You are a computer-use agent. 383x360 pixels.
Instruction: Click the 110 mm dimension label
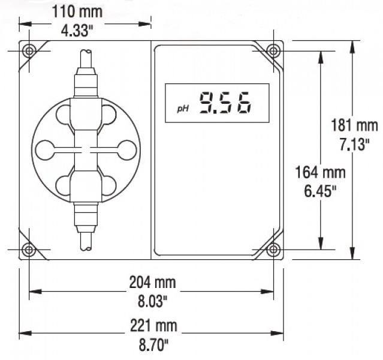(77, 12)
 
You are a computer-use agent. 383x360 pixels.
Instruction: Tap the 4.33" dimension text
(77, 31)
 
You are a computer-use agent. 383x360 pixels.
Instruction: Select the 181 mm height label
(354, 125)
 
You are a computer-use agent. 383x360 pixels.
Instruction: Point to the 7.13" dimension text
(354, 144)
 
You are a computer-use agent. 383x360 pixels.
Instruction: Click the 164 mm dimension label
(321, 172)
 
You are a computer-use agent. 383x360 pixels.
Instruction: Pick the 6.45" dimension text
(321, 191)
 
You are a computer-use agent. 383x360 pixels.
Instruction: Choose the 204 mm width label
(152, 283)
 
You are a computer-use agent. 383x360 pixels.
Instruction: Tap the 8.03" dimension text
(152, 301)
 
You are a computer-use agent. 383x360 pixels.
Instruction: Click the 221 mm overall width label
(153, 326)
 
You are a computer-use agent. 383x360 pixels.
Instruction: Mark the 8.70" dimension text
(153, 345)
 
